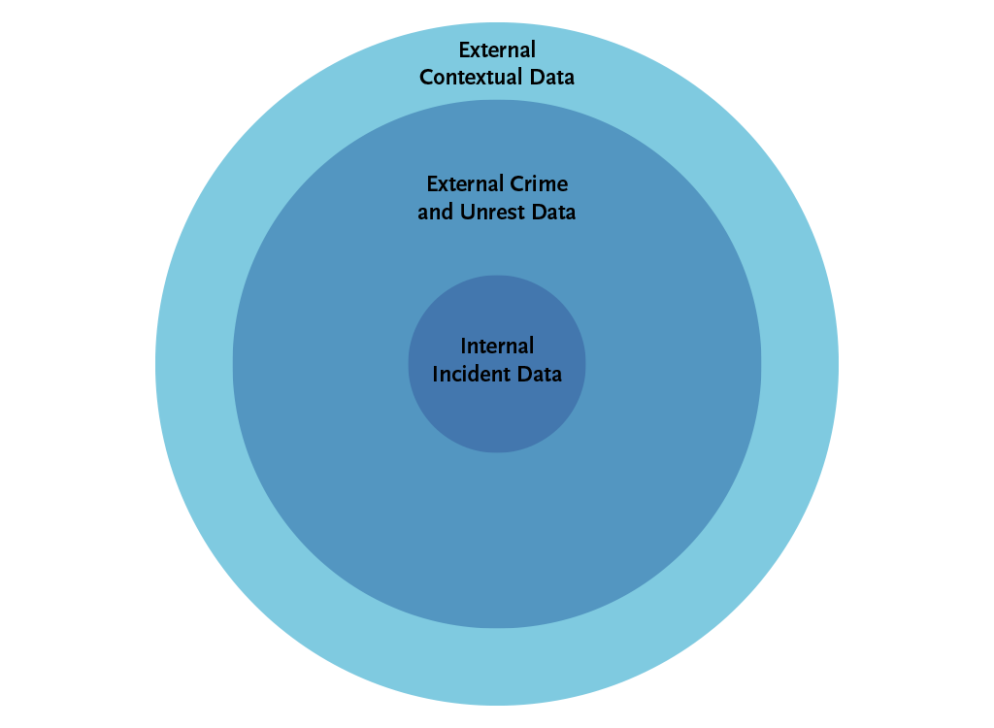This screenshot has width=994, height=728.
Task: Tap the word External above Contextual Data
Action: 497,50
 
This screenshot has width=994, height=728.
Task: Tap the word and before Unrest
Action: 436,211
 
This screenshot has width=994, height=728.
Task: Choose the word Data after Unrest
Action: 553,211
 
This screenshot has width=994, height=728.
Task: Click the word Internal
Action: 497,346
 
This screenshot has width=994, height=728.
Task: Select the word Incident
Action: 472,373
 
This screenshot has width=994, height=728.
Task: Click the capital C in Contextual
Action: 426,77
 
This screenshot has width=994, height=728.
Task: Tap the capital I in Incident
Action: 436,373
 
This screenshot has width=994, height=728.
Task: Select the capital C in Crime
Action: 515,183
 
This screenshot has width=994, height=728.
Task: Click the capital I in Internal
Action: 464,346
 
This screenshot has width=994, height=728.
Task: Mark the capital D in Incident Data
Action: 525,373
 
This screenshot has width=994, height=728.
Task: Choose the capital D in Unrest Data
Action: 538,211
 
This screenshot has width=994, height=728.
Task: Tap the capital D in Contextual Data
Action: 536,77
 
